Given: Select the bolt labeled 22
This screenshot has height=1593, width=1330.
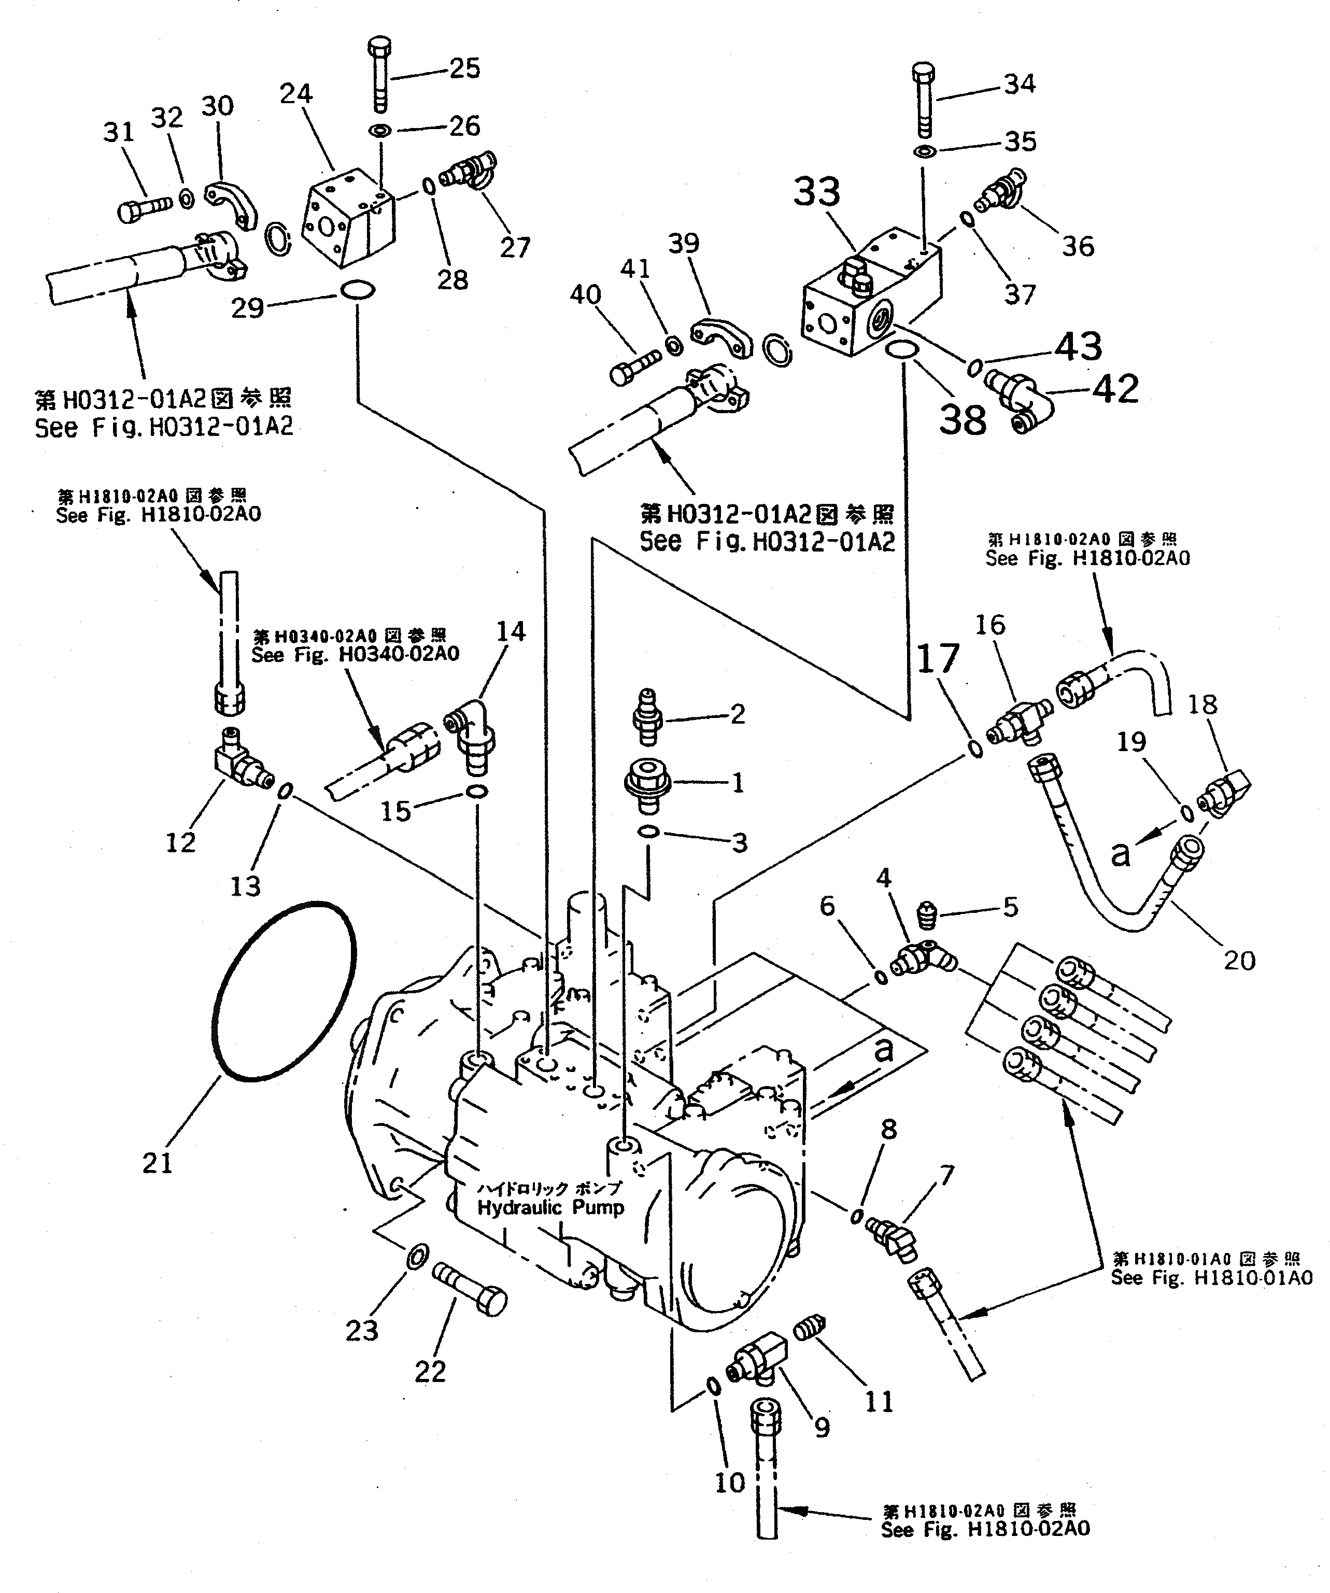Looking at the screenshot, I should click(470, 1292).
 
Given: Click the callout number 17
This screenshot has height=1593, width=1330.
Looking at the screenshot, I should click(939, 658).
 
